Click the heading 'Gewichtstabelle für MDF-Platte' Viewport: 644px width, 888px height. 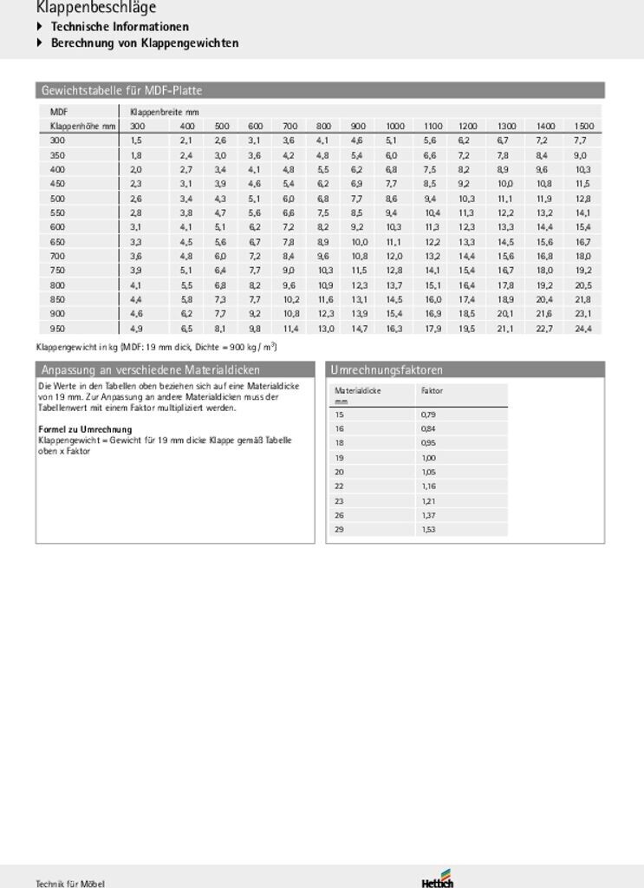click(121, 90)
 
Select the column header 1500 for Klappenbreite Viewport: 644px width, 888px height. click(583, 127)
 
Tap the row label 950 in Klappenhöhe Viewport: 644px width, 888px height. click(57, 329)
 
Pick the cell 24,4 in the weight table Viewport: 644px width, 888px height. click(583, 329)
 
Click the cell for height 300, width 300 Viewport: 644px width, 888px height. click(136, 140)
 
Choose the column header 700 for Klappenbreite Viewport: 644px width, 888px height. click(289, 127)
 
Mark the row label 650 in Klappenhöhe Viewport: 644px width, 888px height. click(57, 242)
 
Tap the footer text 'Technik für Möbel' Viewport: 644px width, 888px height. click(70, 883)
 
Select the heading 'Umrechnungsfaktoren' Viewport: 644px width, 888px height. click(387, 370)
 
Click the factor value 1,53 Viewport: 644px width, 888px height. click(428, 529)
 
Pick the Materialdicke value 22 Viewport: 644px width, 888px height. click(339, 486)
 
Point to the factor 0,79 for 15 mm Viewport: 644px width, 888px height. click(428, 415)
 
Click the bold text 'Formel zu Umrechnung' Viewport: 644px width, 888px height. click(85, 429)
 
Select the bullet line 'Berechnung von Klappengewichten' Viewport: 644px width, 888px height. click(145, 42)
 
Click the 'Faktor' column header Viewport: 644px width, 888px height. click(432, 391)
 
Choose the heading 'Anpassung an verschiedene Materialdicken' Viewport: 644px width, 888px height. click(151, 370)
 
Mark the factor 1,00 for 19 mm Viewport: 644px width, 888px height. click(428, 458)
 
